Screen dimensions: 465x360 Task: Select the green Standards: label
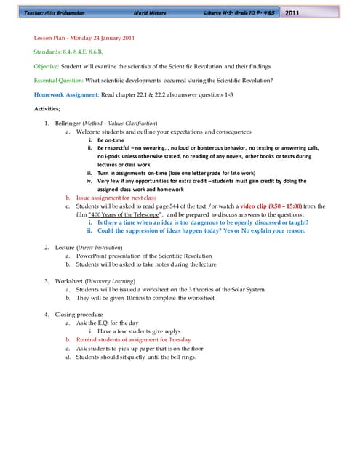click(x=49, y=52)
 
